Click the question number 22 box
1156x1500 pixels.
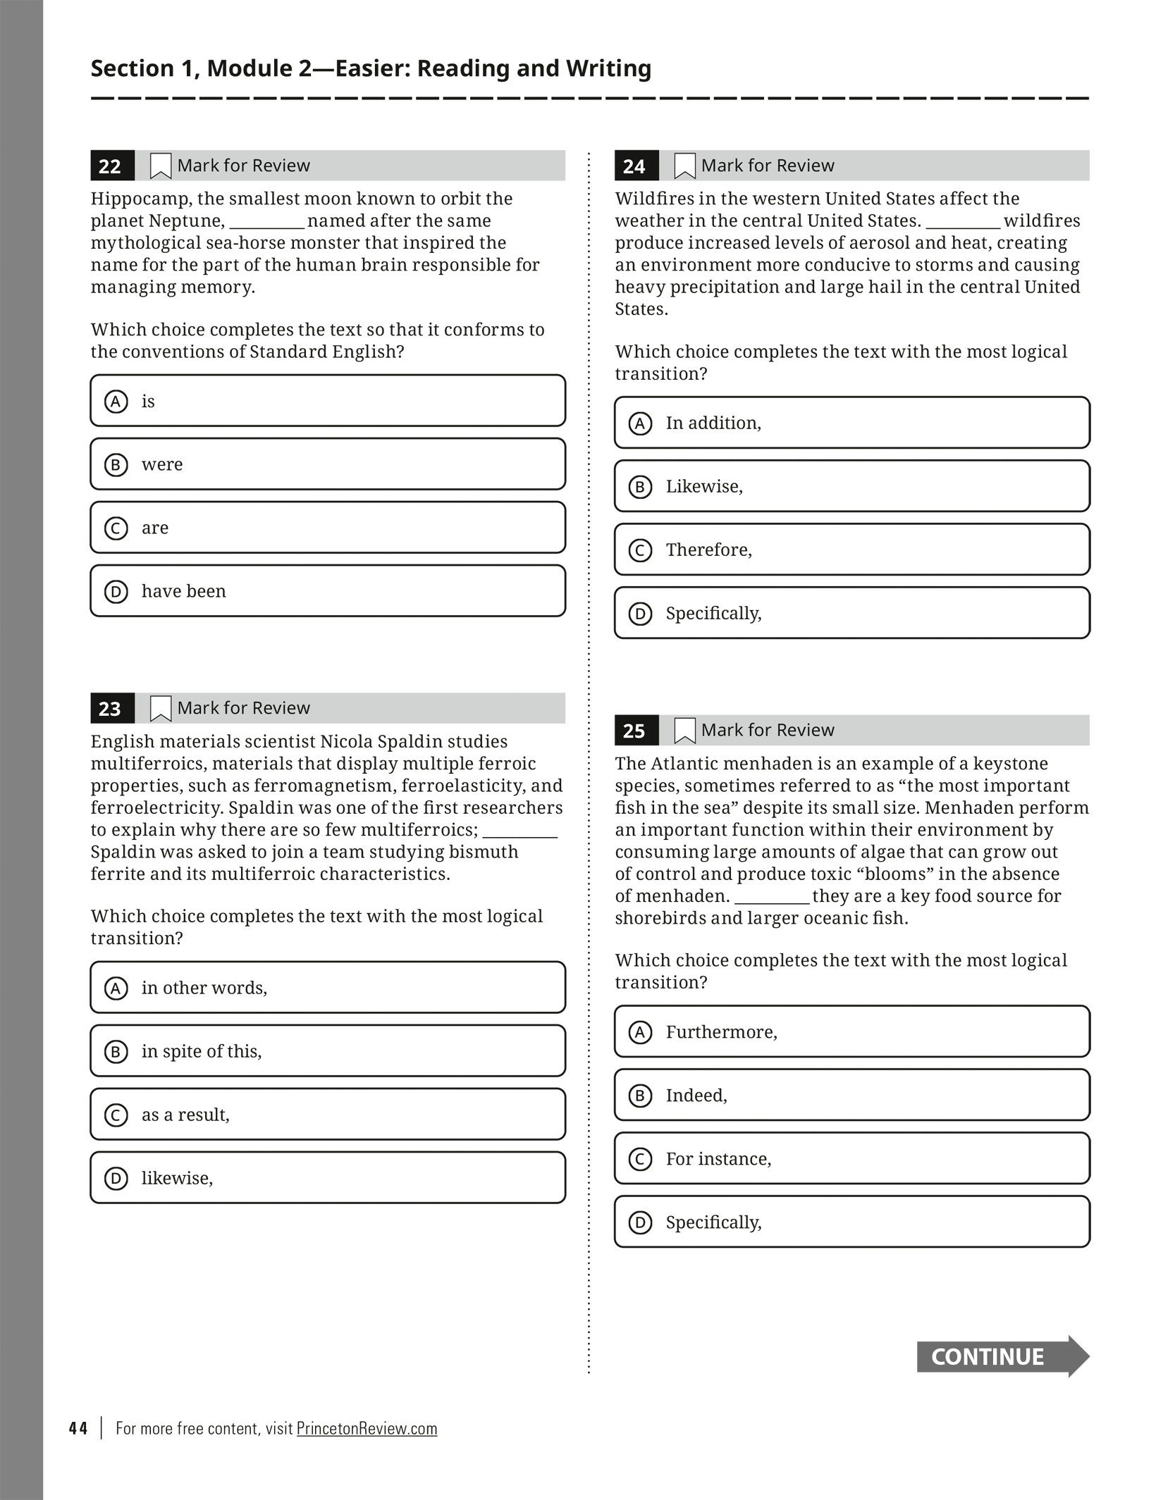pos(112,166)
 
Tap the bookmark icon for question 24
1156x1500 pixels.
pos(684,166)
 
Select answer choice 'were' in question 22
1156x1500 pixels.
pos(328,464)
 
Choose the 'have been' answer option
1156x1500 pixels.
pos(328,591)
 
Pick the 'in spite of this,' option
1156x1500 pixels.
pos(328,1051)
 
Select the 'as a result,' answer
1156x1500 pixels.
pos(328,1115)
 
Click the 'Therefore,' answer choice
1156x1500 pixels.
pos(851,550)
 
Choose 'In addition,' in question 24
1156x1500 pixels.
pos(851,423)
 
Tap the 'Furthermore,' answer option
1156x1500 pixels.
pos(851,1032)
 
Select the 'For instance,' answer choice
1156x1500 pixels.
pos(851,1159)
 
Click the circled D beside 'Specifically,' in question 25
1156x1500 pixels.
pos(640,1222)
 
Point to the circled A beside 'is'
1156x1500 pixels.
pos(116,402)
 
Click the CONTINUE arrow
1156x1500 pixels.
pos(1002,1356)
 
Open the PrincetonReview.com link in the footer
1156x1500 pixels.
pos(367,1428)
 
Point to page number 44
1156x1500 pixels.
pos(78,1428)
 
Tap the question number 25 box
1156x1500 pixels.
pos(636,731)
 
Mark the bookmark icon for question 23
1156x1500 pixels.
pos(161,708)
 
